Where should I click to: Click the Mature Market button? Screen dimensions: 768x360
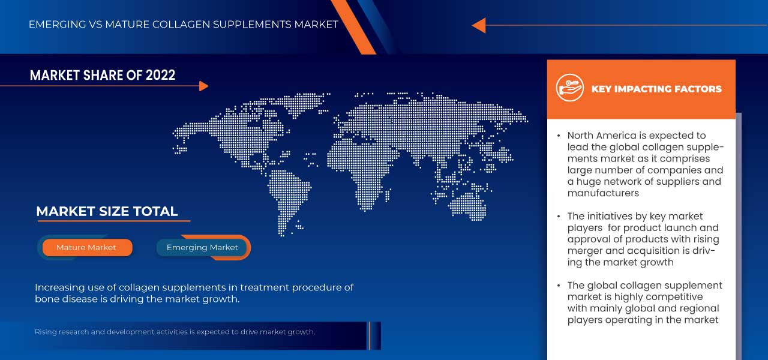point(86,247)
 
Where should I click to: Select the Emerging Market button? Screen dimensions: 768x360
point(202,247)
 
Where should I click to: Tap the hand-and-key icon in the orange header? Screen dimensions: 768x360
point(569,88)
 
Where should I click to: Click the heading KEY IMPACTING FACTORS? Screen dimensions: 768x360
point(656,89)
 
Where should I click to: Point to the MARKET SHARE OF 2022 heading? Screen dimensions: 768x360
point(103,75)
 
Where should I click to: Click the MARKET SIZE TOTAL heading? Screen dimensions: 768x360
point(107,211)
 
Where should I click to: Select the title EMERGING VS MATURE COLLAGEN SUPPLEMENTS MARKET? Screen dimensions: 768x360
point(184,25)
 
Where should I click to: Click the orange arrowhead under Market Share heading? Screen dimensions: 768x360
point(203,86)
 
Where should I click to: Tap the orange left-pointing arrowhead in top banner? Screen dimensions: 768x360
point(478,25)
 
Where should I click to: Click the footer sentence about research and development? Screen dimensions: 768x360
point(175,332)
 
